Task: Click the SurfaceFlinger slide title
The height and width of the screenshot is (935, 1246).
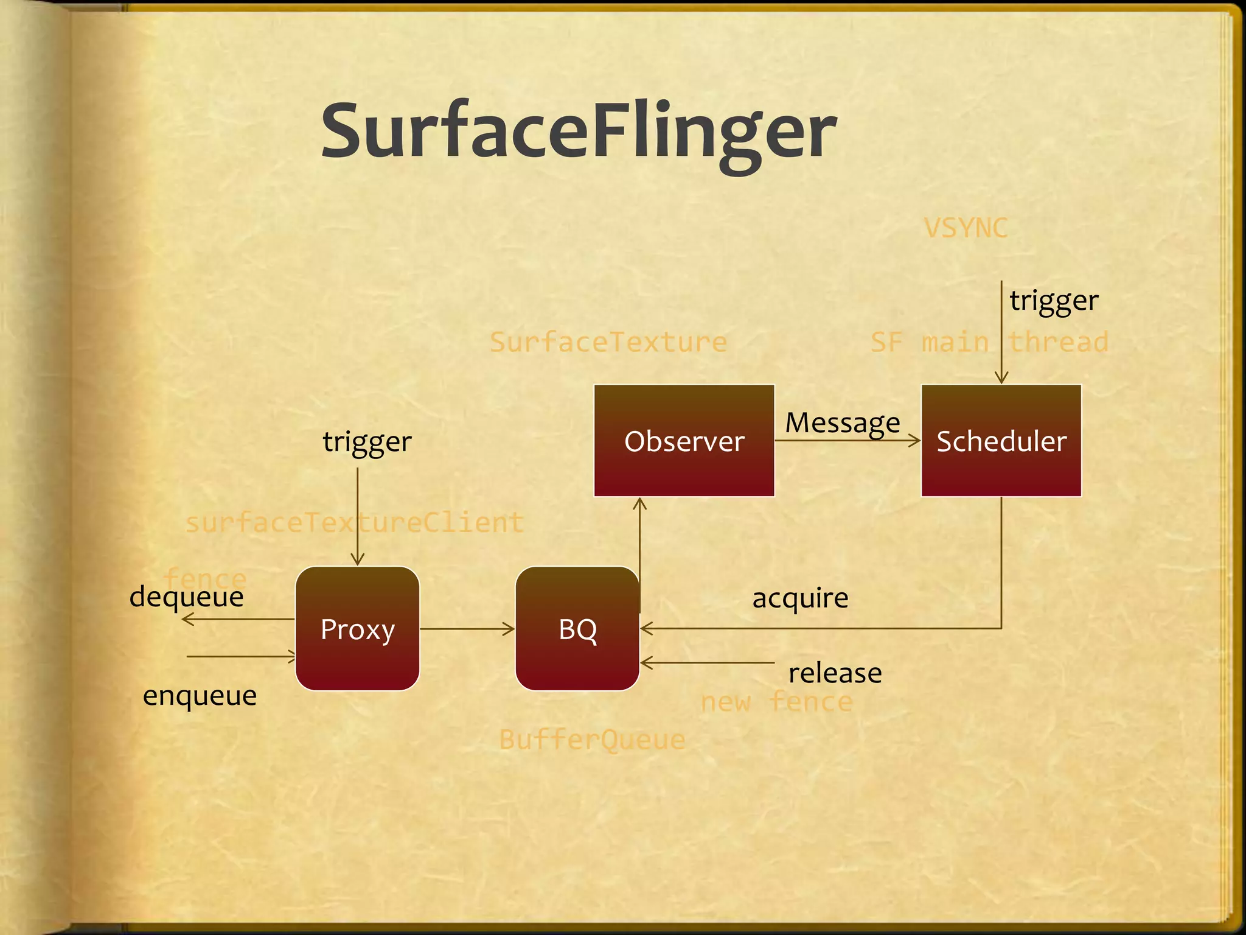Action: [579, 131]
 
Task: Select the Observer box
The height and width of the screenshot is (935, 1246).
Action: [684, 441]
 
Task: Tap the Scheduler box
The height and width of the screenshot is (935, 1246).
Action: [1001, 441]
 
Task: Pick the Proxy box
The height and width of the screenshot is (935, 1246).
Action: [358, 629]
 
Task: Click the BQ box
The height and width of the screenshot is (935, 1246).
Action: [577, 629]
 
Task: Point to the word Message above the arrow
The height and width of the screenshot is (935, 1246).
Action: [842, 422]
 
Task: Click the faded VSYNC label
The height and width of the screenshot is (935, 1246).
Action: [966, 228]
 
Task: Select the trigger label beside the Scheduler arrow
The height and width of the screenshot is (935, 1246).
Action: [1054, 301]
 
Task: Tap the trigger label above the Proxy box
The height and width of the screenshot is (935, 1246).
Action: [367, 442]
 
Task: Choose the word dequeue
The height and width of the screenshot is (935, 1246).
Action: [186, 597]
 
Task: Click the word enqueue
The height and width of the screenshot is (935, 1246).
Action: [200, 696]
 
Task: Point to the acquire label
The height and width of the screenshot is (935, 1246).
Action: [800, 598]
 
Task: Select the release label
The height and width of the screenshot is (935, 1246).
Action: [835, 673]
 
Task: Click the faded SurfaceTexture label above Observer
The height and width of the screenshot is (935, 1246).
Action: [608, 342]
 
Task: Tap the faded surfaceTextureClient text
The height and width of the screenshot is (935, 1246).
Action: [354, 523]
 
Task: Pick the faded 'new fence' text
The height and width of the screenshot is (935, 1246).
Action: [776, 702]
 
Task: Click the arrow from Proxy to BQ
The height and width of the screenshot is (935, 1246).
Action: [467, 629]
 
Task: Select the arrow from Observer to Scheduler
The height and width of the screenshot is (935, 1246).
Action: [847, 440]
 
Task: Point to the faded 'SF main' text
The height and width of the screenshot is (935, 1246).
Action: [929, 342]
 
